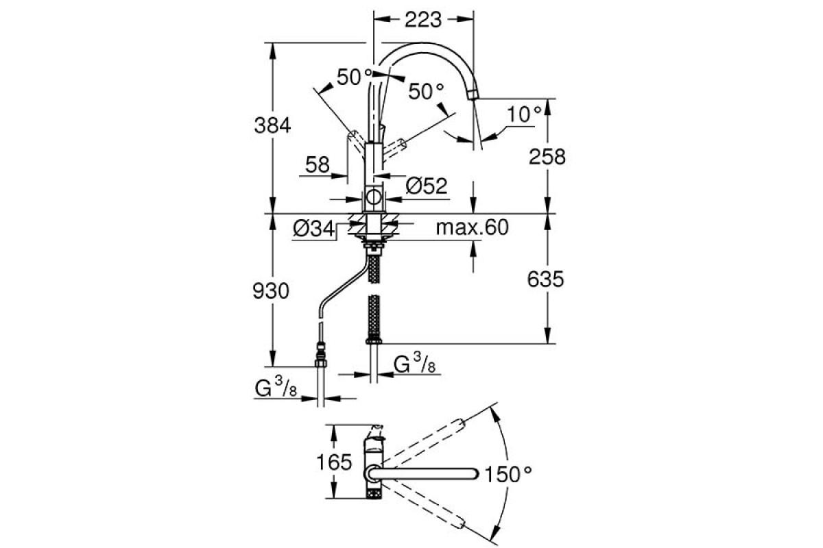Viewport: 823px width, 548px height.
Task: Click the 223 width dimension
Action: click(422, 21)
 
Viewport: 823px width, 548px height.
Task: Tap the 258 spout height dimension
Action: click(547, 157)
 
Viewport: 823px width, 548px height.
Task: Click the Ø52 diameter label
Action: click(426, 186)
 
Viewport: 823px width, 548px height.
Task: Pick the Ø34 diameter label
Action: click(311, 229)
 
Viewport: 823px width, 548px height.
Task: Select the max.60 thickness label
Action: click(473, 228)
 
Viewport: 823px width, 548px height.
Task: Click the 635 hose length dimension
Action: click(547, 279)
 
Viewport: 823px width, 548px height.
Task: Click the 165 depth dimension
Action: click(335, 462)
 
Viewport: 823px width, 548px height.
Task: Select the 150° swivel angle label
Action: click(508, 473)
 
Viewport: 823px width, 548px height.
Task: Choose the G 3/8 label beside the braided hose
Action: click(414, 364)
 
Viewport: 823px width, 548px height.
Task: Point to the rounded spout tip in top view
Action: click(473, 473)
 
